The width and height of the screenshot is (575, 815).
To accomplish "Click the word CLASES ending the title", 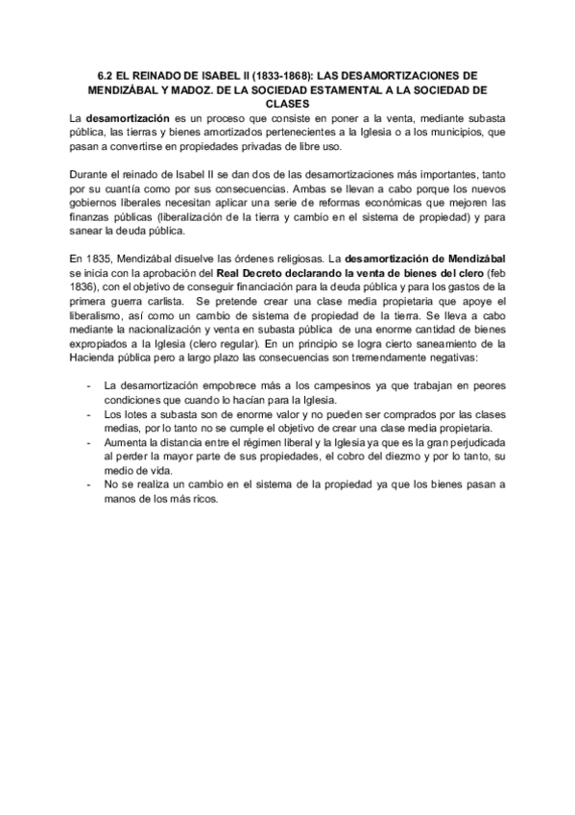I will (287, 104).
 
